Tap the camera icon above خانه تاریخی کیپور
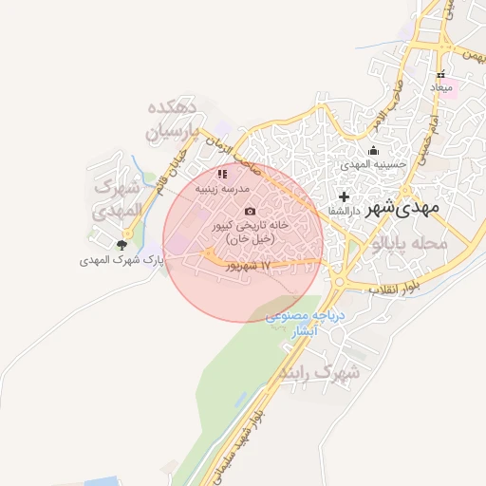(x=250, y=211)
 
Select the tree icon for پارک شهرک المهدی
(x=121, y=245)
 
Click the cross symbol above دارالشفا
(x=345, y=196)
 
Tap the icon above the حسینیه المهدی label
(x=374, y=149)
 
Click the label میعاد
(x=443, y=88)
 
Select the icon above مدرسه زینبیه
(x=222, y=174)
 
